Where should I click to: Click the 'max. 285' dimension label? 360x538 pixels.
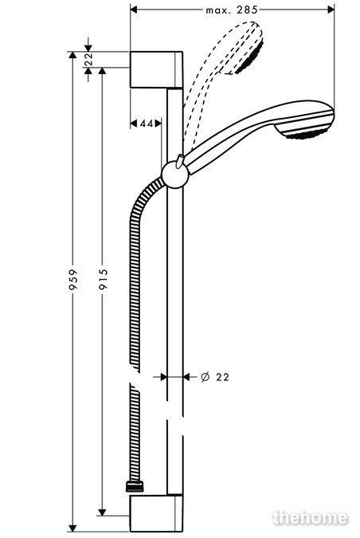point(232,10)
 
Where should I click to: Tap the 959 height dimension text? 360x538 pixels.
point(73,280)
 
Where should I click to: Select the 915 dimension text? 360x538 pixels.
point(103,280)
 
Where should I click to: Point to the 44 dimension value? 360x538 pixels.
point(146,124)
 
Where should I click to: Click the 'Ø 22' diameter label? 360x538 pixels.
point(214,377)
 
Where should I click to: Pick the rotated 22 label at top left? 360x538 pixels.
point(88,59)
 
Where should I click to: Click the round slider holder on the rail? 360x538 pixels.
point(175,175)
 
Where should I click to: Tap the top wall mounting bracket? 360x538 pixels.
point(156,69)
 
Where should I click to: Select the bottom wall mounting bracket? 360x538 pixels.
point(156,513)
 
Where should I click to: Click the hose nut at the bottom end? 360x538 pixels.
point(135,487)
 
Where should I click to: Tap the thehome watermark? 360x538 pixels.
point(311,517)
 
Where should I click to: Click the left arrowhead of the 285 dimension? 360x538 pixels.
point(134,10)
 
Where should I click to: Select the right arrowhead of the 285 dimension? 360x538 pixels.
point(331,10)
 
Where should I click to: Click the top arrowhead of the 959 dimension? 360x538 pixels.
point(72,55)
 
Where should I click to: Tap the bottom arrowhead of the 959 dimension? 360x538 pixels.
point(72,528)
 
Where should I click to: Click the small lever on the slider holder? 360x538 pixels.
point(179,161)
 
